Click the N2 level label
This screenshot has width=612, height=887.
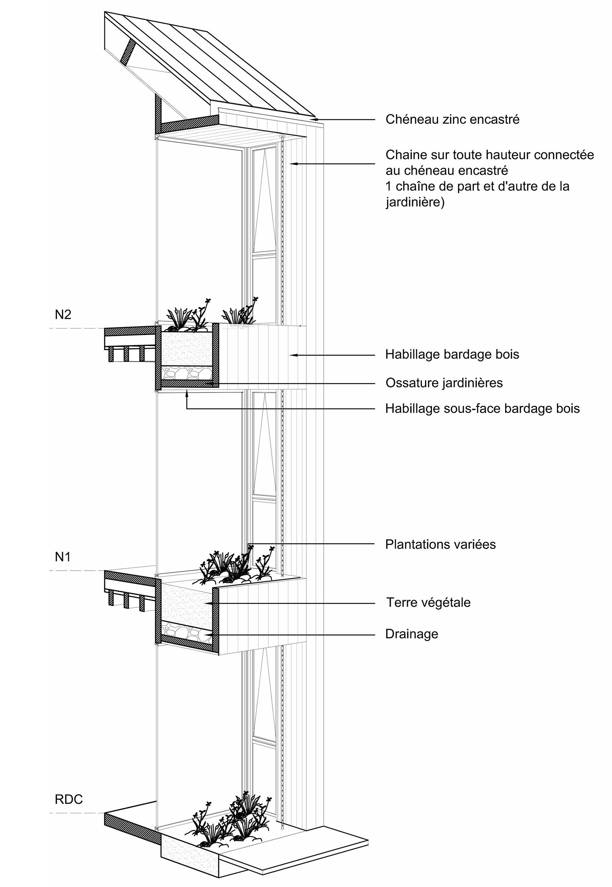pyautogui.click(x=63, y=314)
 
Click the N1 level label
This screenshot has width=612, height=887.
pyautogui.click(x=63, y=556)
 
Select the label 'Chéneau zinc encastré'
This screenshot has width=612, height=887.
pyautogui.click(x=453, y=120)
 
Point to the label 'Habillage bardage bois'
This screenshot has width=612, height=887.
pyautogui.click(x=452, y=354)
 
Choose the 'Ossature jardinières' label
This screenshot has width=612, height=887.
pyautogui.click(x=444, y=382)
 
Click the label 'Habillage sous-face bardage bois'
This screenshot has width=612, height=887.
pyautogui.click(x=482, y=409)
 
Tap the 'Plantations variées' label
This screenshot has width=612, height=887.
pyautogui.click(x=440, y=544)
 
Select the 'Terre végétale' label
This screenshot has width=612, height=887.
pyautogui.click(x=428, y=603)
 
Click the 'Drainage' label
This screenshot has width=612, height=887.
pyautogui.click(x=412, y=634)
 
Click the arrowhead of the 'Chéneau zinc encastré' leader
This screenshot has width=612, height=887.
pyautogui.click(x=315, y=120)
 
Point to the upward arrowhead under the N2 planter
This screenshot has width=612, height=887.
pyautogui.click(x=187, y=392)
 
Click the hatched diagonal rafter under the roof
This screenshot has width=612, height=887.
pyautogui.click(x=128, y=52)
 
